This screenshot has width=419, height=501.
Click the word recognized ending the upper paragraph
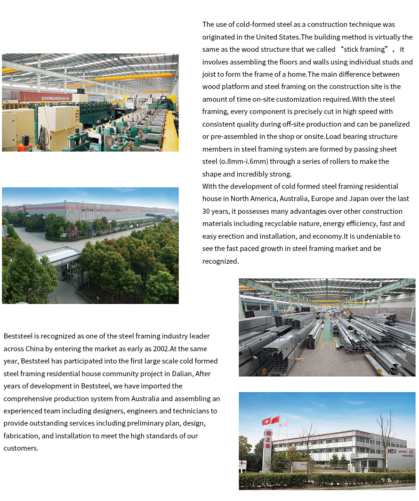point(220,261)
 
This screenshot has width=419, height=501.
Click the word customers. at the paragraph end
point(21,448)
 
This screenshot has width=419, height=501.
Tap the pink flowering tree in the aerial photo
point(73,232)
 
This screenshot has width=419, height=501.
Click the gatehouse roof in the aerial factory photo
point(58,256)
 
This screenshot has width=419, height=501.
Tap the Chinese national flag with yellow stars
point(275,419)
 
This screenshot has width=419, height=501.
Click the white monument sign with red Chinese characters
point(268,450)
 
